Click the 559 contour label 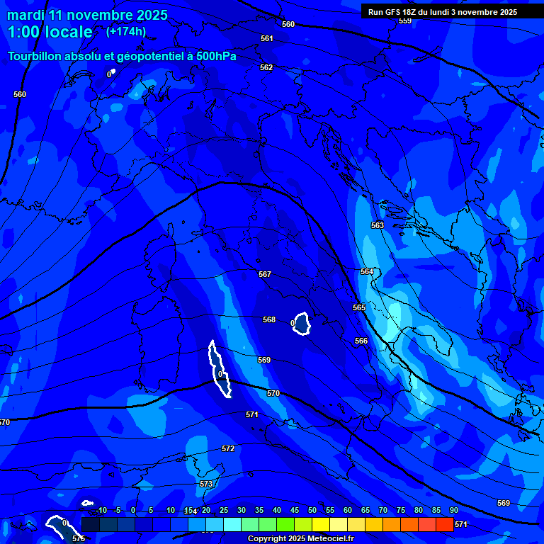404,21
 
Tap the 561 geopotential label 266,39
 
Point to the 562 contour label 266,67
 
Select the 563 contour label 377,225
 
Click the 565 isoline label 359,307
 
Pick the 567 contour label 264,274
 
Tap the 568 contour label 269,320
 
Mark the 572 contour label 227,448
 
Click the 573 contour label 205,484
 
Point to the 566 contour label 361,341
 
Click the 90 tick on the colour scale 453,511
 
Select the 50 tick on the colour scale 312,511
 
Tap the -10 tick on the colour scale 101,511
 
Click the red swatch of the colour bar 444,524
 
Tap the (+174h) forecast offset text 126,31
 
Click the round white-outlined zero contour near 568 302,324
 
